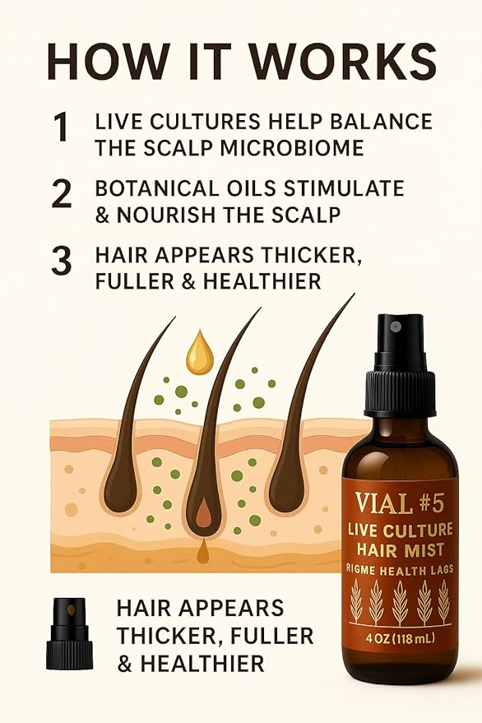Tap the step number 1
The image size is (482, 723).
(x=60, y=127)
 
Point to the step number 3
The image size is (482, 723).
(x=62, y=261)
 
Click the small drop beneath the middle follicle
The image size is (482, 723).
(x=202, y=553)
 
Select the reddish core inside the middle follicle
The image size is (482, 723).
(x=203, y=516)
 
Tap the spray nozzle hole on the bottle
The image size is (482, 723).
(x=395, y=327)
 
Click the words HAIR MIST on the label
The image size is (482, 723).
(x=401, y=549)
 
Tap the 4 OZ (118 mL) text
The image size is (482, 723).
(x=401, y=638)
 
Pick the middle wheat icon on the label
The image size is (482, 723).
(x=400, y=602)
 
